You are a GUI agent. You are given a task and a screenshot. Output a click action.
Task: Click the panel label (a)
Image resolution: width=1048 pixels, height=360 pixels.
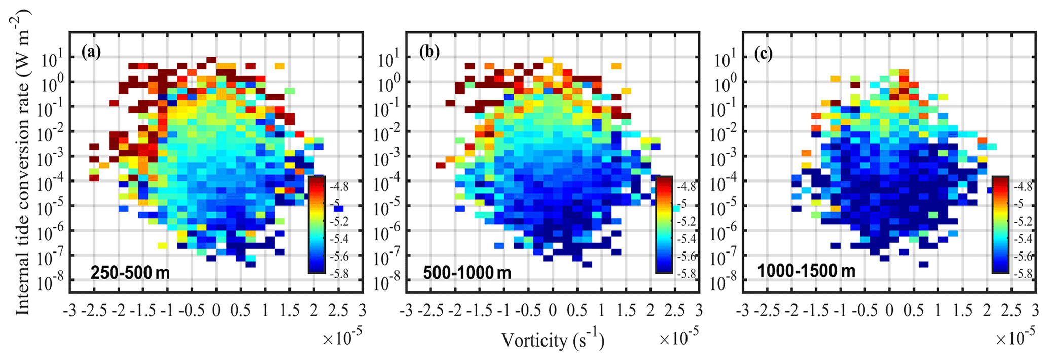point(91,52)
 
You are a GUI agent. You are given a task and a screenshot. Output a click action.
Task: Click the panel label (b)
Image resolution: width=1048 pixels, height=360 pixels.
point(429,52)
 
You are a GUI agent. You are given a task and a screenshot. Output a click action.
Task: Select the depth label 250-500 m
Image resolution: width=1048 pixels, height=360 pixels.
point(130,273)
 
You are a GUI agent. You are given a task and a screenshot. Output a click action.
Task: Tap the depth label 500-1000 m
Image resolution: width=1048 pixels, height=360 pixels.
point(467,273)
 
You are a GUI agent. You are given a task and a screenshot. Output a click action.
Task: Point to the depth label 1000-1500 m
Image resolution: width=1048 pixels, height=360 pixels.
point(806,271)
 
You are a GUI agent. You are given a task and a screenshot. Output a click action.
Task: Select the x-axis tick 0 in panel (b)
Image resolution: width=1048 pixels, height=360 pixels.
point(553,310)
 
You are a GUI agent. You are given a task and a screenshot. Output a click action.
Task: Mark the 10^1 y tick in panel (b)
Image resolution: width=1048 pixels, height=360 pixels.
point(388,60)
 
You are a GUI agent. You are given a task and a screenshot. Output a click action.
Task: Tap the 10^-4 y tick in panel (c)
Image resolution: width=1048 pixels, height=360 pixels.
point(725,183)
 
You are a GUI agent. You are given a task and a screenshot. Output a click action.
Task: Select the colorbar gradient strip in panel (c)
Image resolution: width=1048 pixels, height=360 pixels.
point(1000,224)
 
